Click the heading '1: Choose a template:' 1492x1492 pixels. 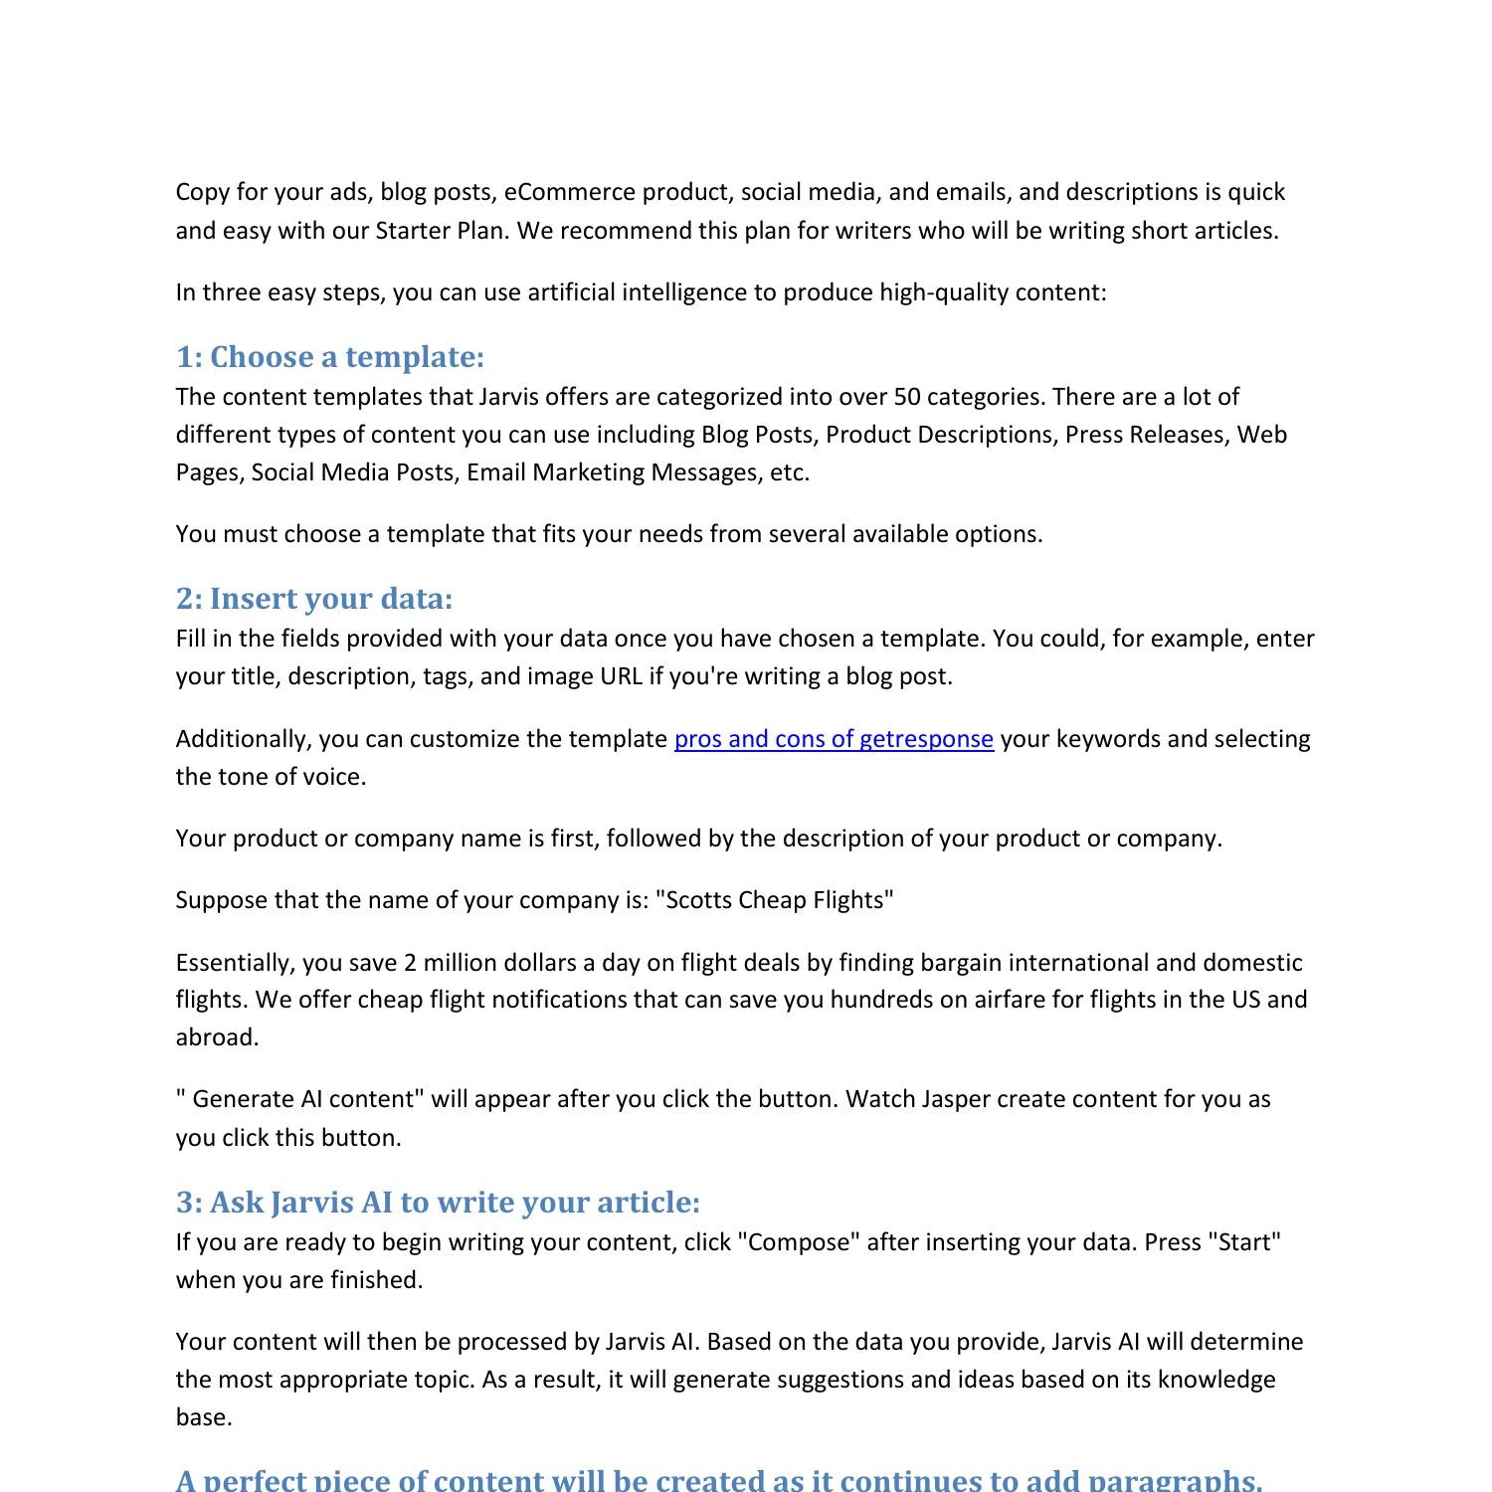click(330, 357)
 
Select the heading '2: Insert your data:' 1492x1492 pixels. click(314, 599)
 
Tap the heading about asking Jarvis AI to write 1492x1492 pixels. click(438, 1203)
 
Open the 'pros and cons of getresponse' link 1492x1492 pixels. click(834, 739)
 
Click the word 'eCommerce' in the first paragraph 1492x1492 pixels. click(569, 192)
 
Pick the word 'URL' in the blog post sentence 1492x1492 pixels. click(621, 676)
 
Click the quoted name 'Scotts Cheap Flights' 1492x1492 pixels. click(775, 900)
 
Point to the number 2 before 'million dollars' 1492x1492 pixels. click(410, 963)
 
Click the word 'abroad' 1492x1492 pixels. click(217, 1037)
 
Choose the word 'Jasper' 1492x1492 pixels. click(955, 1099)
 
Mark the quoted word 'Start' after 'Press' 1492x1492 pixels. click(1243, 1242)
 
